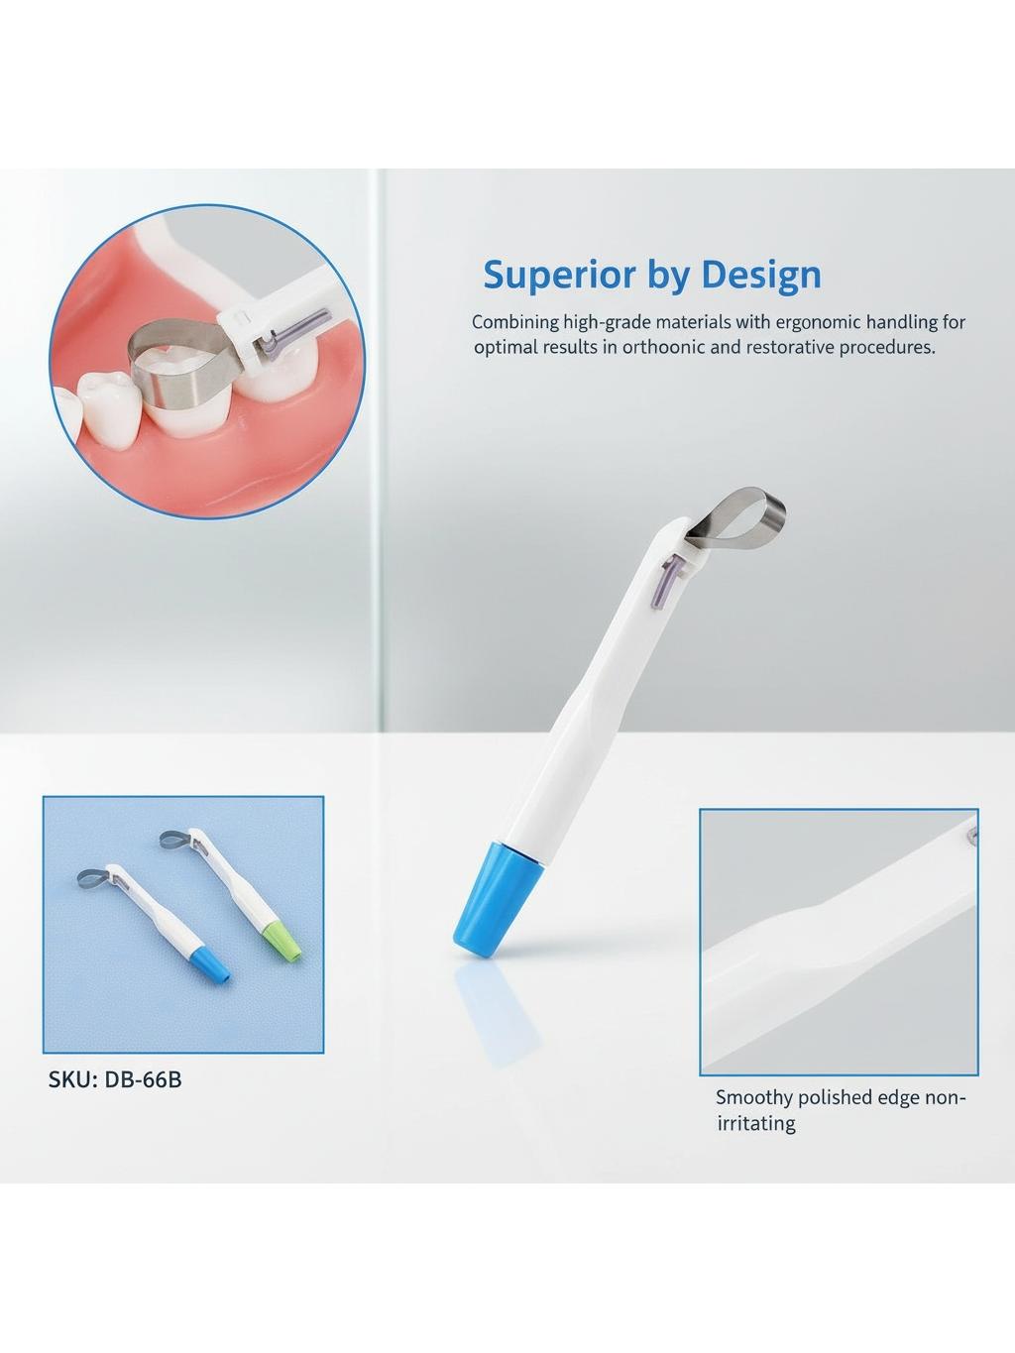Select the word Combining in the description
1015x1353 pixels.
click(515, 323)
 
